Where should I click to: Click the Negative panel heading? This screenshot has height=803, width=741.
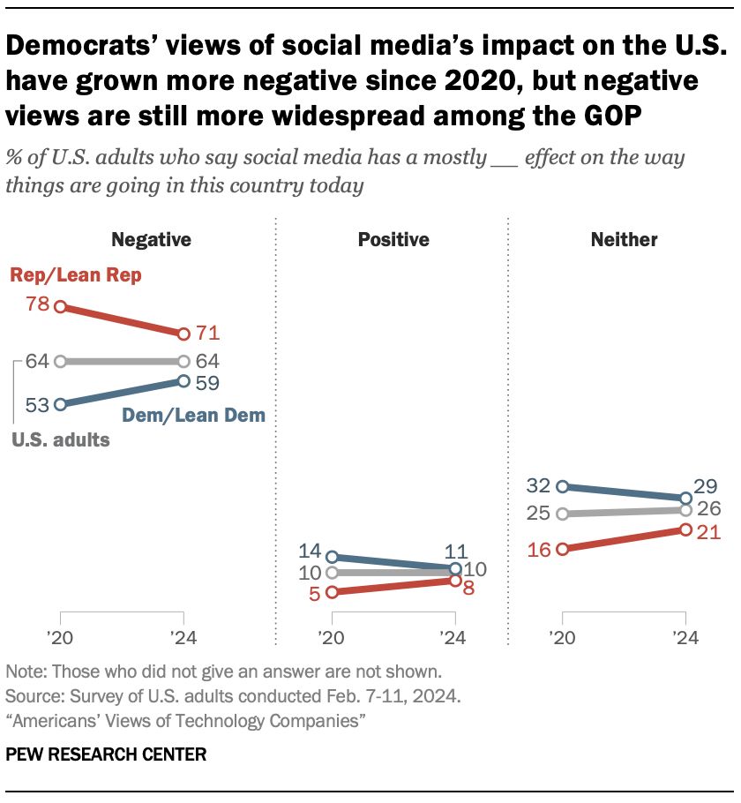point(151,239)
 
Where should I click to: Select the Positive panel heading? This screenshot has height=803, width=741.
point(393,239)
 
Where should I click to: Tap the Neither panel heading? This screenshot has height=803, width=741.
point(625,239)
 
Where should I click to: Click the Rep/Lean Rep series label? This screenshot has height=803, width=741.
point(76,275)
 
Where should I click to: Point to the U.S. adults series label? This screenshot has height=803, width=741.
point(61,439)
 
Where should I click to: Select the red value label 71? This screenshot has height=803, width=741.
point(207,334)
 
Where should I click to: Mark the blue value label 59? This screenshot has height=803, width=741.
point(207,383)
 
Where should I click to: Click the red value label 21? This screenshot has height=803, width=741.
point(709,531)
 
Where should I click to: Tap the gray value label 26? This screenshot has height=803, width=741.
point(709,508)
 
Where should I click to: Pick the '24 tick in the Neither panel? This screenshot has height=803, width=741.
point(683,638)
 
